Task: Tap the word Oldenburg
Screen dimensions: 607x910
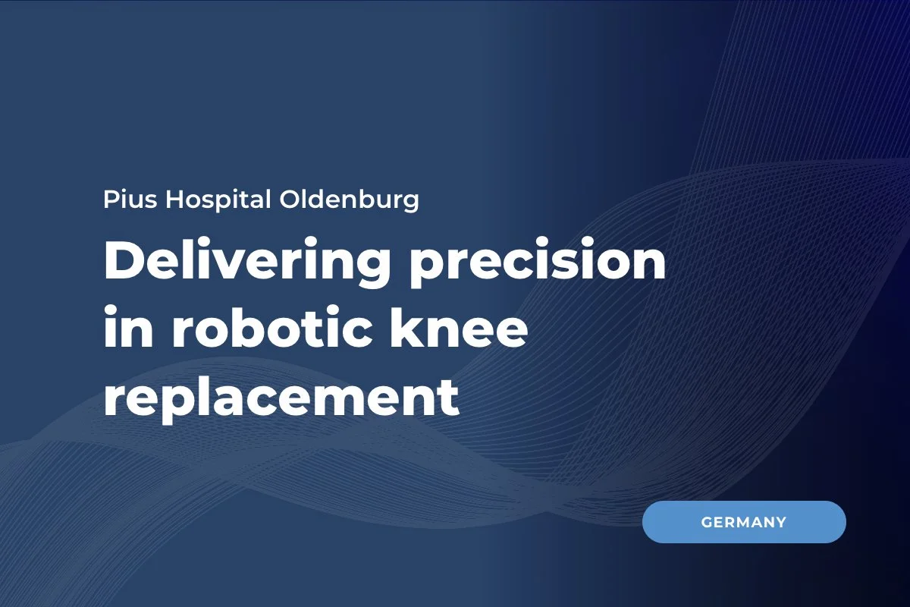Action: tap(350, 202)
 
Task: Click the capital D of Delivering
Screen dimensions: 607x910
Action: tap(121, 263)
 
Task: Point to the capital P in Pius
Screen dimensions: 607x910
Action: tap(110, 200)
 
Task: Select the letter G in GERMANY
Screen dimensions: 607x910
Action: tap(707, 522)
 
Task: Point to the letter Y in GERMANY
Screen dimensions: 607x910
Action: tap(780, 522)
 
